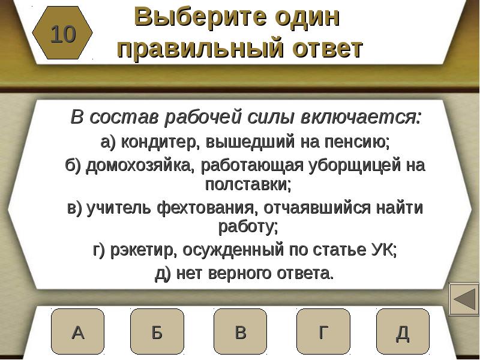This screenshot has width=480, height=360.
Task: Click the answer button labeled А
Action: click(77, 332)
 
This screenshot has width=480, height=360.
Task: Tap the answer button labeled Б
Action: click(157, 332)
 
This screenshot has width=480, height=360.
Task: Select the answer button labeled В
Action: click(240, 332)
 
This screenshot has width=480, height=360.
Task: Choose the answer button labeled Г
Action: click(323, 332)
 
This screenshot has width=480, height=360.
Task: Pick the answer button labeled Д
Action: click(403, 332)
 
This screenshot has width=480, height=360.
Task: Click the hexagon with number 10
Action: click(62, 34)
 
